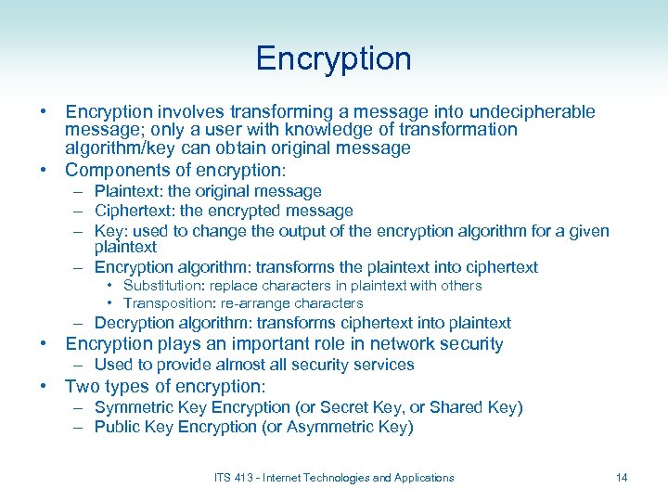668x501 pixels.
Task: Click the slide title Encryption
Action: (333, 58)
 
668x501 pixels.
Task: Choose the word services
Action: (384, 365)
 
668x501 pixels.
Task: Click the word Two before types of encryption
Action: (83, 386)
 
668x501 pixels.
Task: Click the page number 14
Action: (622, 478)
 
